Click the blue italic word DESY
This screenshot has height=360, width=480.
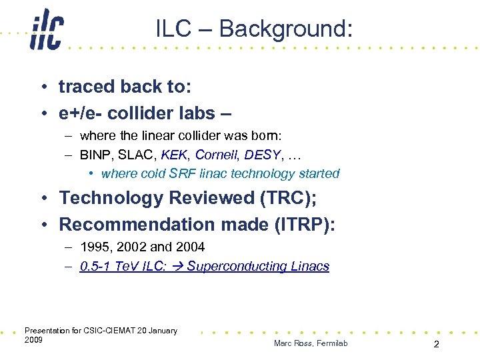[262, 155]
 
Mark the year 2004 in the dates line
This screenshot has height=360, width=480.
[189, 247]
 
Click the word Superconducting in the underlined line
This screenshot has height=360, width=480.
[236, 267]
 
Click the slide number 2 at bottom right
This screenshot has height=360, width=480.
[436, 344]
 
